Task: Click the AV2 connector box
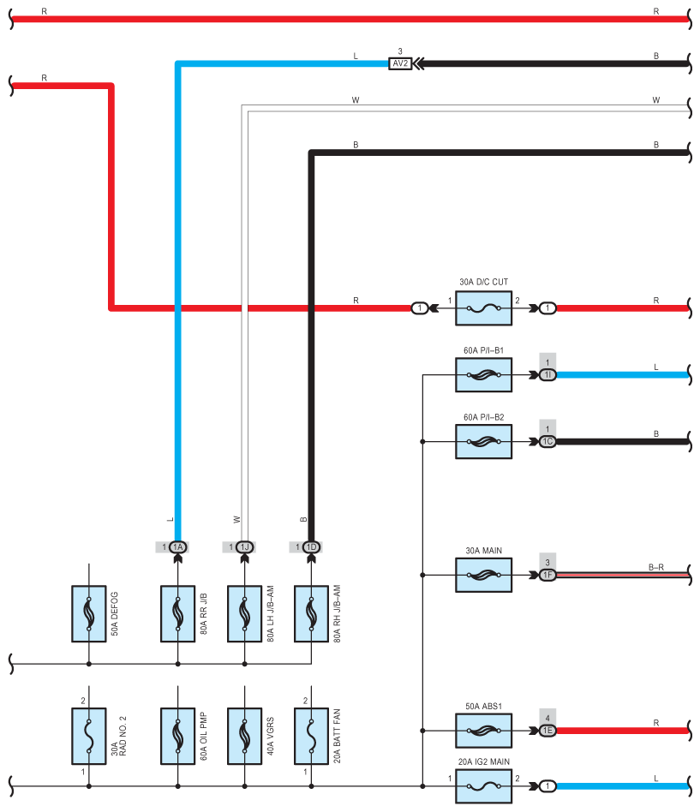coord(400,63)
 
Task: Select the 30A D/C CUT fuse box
coord(483,308)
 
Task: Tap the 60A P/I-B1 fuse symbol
coord(483,375)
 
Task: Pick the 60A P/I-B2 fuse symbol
coord(483,442)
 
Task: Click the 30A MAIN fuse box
coord(483,575)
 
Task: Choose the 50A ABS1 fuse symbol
coord(483,731)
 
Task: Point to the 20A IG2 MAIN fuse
coord(483,786)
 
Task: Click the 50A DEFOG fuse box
coord(89,613)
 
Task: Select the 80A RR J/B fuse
coord(177,613)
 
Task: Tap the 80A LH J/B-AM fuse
coord(244,613)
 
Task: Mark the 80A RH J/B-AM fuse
coord(311,613)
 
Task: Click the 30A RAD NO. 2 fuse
coord(89,737)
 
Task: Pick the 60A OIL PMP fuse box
coord(177,737)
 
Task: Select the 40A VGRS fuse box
coord(244,737)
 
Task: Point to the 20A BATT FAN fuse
coord(311,737)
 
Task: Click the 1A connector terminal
coord(177,546)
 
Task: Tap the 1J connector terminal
coord(244,546)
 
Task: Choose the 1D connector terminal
coord(311,546)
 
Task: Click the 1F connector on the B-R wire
coord(547,575)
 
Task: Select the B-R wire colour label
coord(656,567)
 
